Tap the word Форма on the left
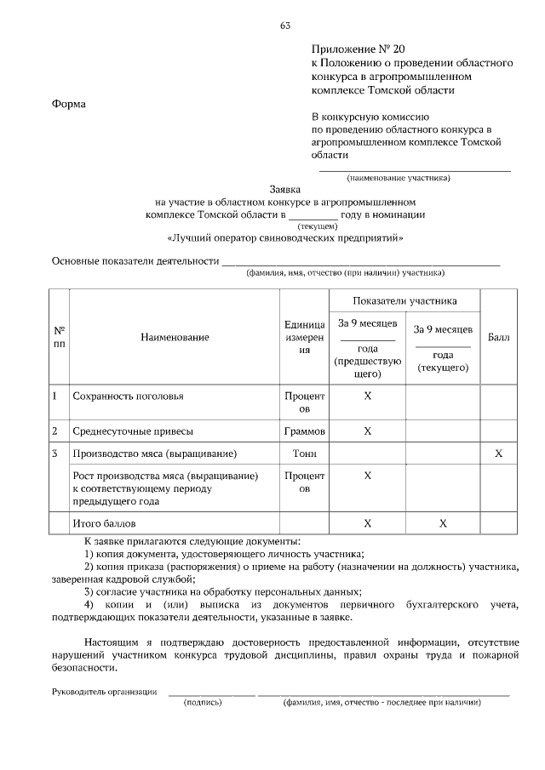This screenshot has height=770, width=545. point(69,105)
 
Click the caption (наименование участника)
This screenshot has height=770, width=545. point(398,178)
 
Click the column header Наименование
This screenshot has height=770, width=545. point(175,338)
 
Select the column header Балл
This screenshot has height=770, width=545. point(498,338)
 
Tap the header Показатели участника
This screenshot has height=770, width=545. point(404,300)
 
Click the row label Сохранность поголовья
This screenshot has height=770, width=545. point(129,396)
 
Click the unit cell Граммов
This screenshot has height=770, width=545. point(304,431)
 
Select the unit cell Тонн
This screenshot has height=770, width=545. point(304,453)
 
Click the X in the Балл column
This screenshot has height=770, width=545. point(498,453)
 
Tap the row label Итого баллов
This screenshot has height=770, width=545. point(104,522)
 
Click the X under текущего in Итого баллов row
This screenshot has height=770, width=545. point(443,522)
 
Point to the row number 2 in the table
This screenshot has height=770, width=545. point(55,431)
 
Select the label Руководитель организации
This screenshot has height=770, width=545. point(105,692)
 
